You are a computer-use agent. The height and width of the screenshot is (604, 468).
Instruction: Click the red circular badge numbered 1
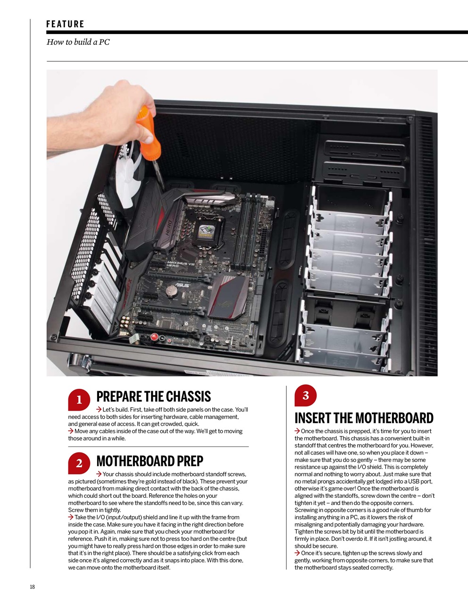click(x=79, y=400)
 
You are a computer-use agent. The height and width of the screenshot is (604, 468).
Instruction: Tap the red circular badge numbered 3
click(x=305, y=395)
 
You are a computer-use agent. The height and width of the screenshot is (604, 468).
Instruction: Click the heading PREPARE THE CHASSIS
click(x=153, y=397)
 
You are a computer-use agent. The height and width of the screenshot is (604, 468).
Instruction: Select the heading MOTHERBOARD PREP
click(x=150, y=461)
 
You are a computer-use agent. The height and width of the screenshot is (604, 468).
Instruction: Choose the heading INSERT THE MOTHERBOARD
click(x=364, y=418)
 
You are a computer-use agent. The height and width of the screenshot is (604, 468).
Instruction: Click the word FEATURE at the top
click(x=65, y=24)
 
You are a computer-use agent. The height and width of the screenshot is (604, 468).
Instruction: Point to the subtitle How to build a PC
click(x=78, y=42)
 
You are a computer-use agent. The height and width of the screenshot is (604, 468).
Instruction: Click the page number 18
click(x=32, y=587)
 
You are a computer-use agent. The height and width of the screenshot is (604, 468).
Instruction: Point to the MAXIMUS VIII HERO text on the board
click(x=177, y=264)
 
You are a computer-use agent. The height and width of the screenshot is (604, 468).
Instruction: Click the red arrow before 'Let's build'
click(x=99, y=410)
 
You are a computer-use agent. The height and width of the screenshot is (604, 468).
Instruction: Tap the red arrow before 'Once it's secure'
click(x=297, y=553)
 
